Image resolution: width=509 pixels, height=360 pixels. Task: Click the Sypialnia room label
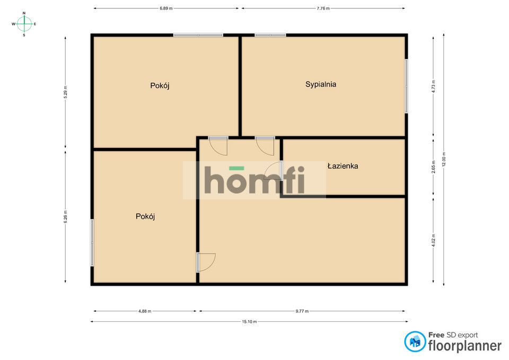point(320,84)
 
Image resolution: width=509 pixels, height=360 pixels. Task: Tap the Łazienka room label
point(343,166)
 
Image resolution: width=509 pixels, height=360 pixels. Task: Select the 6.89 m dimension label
point(166,8)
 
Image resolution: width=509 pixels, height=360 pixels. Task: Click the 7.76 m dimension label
point(323,8)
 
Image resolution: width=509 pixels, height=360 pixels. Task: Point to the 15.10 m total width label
point(249,322)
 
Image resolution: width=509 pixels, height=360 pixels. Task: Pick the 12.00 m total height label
point(444,159)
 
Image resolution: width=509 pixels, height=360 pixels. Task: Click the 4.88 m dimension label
point(145,311)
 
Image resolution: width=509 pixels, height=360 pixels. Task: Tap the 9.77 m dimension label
point(302,311)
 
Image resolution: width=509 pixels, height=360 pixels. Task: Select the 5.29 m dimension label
point(66,92)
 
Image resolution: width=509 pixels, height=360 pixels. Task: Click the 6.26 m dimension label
point(66,216)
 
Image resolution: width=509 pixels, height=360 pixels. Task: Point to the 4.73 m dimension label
point(433,86)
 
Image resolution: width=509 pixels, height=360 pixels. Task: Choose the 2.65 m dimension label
point(433,167)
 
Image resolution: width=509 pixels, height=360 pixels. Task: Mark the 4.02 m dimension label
point(433,241)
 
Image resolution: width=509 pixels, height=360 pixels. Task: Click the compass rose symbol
point(24,24)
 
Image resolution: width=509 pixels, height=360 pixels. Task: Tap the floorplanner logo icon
point(415,341)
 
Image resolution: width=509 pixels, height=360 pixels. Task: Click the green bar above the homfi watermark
point(236,168)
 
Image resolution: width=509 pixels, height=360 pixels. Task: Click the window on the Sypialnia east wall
point(406,86)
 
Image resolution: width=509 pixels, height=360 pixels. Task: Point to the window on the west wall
point(92,243)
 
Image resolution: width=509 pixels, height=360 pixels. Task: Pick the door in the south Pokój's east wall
point(206,262)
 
